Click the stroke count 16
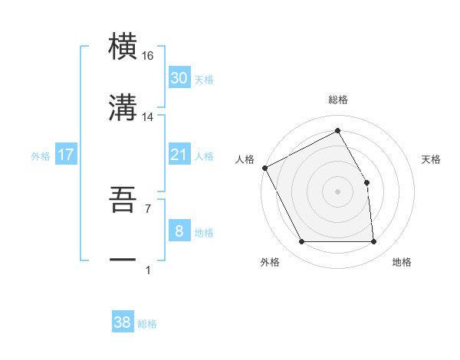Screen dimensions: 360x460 [148, 56]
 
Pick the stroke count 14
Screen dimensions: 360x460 [148, 116]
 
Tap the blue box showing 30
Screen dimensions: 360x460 [179, 78]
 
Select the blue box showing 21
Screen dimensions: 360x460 [179, 155]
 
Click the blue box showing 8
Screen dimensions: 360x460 [179, 231]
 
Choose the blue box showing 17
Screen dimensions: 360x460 [66, 155]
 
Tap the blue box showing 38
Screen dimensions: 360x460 [123, 322]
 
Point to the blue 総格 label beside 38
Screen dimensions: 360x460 [147, 324]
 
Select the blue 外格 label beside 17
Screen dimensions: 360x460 [41, 156]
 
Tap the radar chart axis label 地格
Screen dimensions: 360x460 [402, 263]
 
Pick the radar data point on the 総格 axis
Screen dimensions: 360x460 [337, 131]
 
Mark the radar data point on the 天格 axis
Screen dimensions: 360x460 [366, 182]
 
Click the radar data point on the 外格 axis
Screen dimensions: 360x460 [301, 242]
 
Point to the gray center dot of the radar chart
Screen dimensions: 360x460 [337, 191]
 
